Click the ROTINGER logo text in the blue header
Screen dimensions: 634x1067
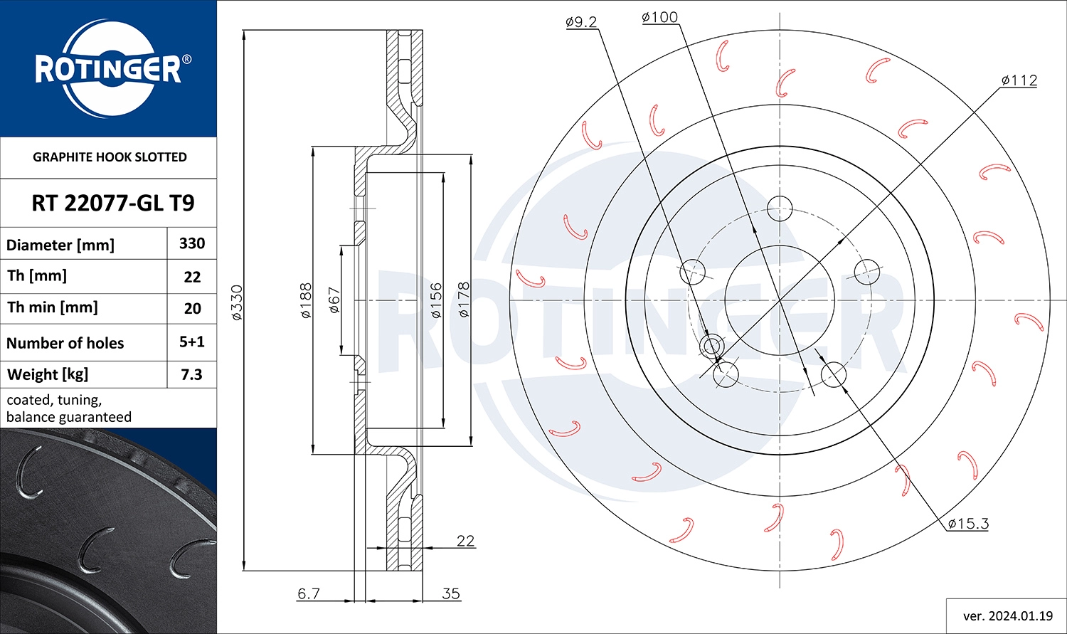(108, 69)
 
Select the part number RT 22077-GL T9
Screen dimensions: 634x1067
(112, 204)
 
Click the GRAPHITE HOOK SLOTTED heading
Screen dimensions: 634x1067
(110, 157)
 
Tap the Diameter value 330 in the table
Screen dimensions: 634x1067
(192, 243)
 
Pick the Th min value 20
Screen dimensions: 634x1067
(192, 308)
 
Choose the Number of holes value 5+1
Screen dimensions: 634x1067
(192, 342)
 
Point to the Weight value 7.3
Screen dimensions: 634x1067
(192, 374)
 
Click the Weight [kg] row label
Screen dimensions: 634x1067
(48, 374)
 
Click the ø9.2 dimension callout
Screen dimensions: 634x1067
(580, 22)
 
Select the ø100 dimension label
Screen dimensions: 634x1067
(659, 17)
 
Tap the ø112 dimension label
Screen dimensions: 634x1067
(1019, 80)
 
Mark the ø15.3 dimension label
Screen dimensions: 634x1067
(968, 524)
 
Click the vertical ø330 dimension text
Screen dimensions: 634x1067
(238, 302)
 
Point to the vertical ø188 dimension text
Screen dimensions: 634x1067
(306, 300)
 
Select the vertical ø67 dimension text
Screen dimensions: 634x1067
(334, 300)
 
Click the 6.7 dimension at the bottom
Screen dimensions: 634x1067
(309, 593)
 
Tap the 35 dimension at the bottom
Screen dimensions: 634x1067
(451, 593)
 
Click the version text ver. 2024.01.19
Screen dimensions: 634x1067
(1007, 615)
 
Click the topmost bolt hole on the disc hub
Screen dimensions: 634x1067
(780, 208)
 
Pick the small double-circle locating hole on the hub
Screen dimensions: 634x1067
(711, 347)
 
